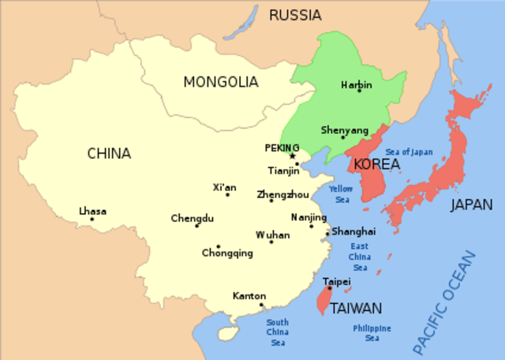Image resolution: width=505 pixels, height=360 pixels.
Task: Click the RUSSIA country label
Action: tap(295, 14)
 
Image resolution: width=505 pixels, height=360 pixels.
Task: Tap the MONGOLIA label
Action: tap(220, 81)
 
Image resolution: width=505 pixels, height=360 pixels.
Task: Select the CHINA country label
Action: tap(109, 153)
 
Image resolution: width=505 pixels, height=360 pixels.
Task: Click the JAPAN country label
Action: tap(471, 205)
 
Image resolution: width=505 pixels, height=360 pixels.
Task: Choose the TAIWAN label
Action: tap(356, 309)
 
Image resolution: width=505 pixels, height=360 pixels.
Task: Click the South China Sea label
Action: tap(277, 332)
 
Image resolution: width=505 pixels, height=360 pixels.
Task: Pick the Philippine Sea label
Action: tap(372, 333)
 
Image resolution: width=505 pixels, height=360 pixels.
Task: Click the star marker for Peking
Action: tap(293, 156)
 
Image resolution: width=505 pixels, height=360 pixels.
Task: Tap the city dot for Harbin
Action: tap(359, 90)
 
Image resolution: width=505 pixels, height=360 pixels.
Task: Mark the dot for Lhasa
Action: tap(92, 219)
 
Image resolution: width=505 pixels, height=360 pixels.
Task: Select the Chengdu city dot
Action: tap(197, 226)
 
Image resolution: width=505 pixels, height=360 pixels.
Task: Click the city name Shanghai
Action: tap(353, 231)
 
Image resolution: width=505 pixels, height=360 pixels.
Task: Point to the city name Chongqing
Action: tap(227, 253)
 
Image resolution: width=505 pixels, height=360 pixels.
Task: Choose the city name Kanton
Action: tap(249, 296)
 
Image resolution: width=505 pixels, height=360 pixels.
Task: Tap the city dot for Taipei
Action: tap(330, 289)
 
